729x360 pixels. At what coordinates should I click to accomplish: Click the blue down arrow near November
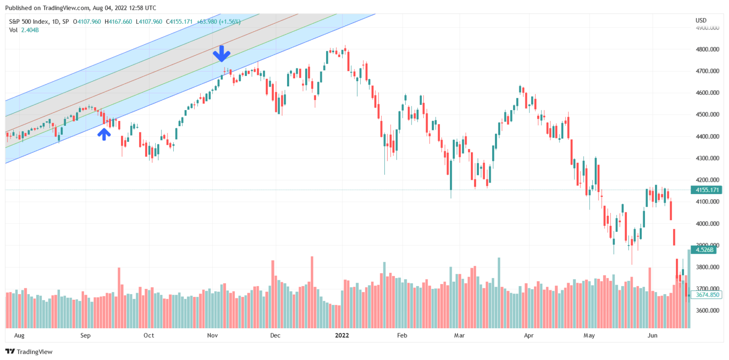[221, 54]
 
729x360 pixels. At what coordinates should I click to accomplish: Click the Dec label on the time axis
[275, 336]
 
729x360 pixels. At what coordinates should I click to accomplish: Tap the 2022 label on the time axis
[342, 336]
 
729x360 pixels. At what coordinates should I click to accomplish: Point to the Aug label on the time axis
[19, 336]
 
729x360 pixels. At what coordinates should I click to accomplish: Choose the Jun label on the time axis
[653, 336]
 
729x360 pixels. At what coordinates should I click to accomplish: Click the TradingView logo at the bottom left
[29, 351]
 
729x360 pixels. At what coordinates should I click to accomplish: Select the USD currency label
[701, 20]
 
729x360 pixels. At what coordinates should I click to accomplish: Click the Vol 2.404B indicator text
[24, 30]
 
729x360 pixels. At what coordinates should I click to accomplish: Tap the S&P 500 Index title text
[38, 22]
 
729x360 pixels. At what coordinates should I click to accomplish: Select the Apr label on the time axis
[529, 336]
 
